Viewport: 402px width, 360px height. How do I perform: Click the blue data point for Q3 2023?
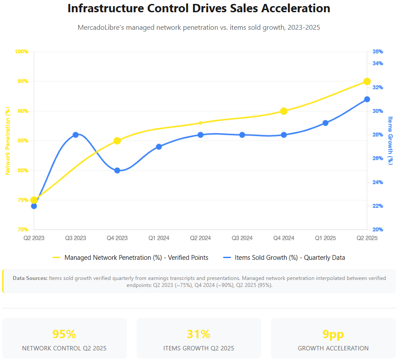[76, 135]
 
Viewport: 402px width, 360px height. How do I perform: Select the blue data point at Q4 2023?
[117, 171]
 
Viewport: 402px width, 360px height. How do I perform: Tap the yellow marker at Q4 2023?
[117, 141]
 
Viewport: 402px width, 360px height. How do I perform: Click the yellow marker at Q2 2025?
[367, 81]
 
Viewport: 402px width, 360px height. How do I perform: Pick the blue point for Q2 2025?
[367, 99]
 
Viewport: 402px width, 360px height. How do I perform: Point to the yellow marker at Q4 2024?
[284, 111]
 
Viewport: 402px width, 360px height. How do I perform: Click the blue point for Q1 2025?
[325, 123]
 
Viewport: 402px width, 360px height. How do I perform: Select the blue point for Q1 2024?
[159, 147]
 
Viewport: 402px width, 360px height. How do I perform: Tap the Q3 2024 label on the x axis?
[242, 238]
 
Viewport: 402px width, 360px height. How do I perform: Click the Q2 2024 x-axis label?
[200, 238]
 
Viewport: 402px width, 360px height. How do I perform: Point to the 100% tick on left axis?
[21, 52]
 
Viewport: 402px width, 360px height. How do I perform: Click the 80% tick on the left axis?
[22, 171]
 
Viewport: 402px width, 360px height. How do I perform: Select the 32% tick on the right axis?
[378, 87]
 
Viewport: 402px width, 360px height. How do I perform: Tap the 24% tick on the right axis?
[378, 182]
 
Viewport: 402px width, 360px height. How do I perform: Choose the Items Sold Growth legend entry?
[284, 258]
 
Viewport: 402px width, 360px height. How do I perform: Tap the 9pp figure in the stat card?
[333, 335]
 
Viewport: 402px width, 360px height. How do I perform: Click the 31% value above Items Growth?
[199, 335]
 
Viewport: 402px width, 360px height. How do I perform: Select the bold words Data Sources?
[30, 278]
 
